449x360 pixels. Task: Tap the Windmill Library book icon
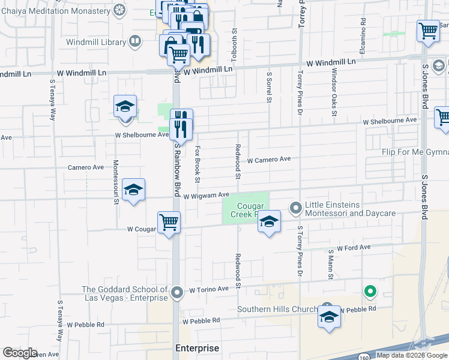[x=136, y=41]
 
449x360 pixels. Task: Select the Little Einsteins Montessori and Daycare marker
[x=295, y=208]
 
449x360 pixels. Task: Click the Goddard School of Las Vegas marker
[x=176, y=293]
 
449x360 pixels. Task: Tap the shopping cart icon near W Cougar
[x=169, y=223]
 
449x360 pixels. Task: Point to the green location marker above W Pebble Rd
[x=370, y=292]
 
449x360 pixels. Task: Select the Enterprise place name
[x=197, y=348]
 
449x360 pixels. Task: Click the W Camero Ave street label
[x=269, y=160]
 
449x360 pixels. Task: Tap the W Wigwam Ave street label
[x=206, y=196]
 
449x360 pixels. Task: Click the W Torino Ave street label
[x=209, y=289]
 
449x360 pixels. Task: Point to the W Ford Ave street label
[x=354, y=247]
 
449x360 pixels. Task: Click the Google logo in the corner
[x=20, y=353]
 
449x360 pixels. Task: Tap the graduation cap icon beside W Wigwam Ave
[x=133, y=190]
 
